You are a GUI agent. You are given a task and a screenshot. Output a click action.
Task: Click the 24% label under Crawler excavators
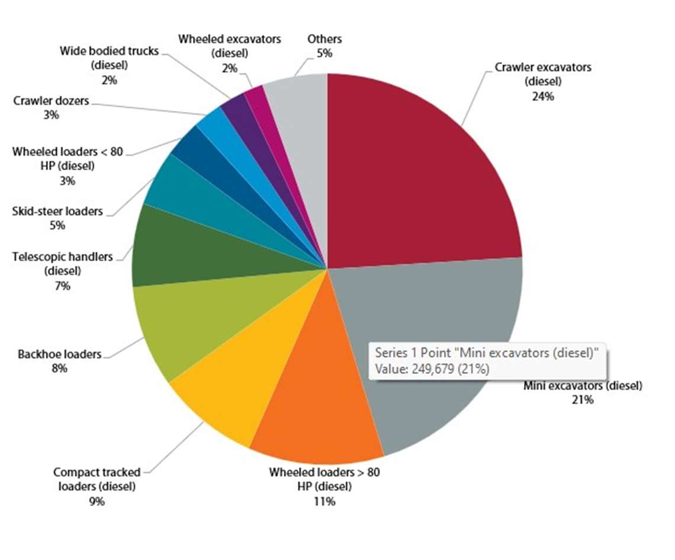coord(543,95)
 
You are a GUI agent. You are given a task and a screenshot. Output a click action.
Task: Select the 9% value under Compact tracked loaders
coord(97,501)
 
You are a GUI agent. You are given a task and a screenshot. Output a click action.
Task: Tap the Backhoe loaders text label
coord(59,354)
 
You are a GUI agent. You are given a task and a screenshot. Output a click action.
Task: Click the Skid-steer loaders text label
coord(57,211)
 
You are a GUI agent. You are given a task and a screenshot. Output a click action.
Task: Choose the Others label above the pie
coord(324,39)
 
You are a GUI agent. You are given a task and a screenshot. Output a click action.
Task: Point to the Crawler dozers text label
coord(51,101)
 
